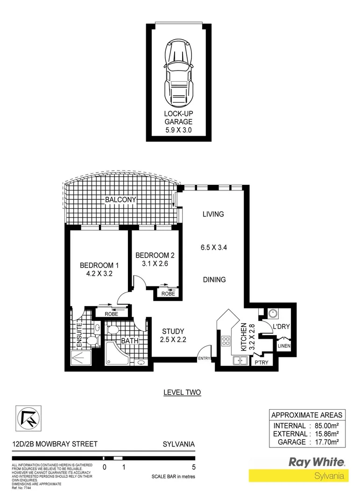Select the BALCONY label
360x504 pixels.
[x=120, y=200]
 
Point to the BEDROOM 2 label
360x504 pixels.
[x=155, y=255]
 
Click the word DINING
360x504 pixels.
[x=214, y=280]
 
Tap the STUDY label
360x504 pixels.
[x=173, y=332]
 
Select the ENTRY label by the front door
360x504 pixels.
[x=205, y=358]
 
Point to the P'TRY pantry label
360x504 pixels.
[x=261, y=362]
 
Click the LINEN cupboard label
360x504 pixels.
[x=284, y=346]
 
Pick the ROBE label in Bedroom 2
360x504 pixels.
[x=168, y=294]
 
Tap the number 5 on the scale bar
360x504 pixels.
[x=193, y=467]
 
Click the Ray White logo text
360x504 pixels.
[x=317, y=462]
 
